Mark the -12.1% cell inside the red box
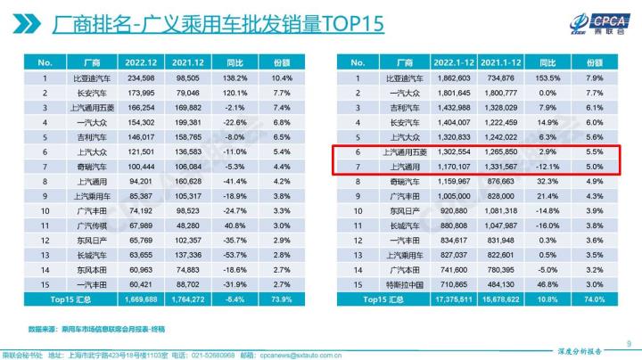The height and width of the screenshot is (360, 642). click(x=540, y=166)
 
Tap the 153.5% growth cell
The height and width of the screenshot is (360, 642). click(x=540, y=78)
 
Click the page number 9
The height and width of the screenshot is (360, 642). click(x=630, y=340)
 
